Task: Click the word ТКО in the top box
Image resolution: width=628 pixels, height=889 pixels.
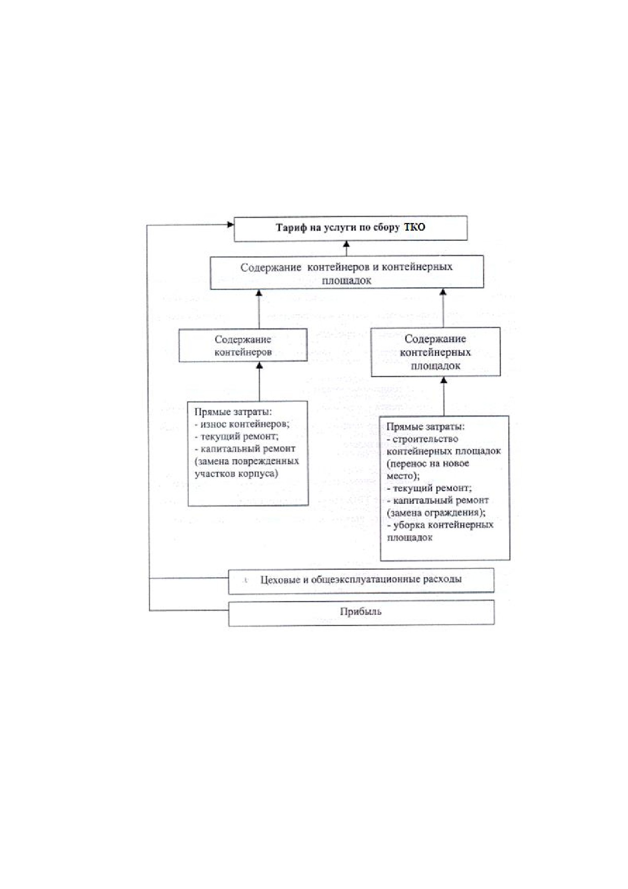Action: pyautogui.click(x=415, y=227)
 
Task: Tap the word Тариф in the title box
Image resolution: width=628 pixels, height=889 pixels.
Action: pyautogui.click(x=291, y=228)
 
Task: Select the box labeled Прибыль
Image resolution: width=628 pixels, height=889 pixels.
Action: pyautogui.click(x=361, y=613)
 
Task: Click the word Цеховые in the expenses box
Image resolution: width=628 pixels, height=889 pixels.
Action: pyautogui.click(x=280, y=579)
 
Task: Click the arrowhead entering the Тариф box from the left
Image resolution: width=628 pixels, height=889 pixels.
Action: pyautogui.click(x=230, y=224)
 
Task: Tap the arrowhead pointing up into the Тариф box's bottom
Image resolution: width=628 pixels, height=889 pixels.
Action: pyautogui.click(x=347, y=245)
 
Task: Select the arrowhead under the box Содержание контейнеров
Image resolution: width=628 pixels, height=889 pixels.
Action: pyautogui.click(x=260, y=366)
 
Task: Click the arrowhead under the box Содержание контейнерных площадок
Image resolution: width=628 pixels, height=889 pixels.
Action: pyautogui.click(x=444, y=380)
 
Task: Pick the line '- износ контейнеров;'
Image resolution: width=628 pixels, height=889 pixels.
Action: pyautogui.click(x=242, y=424)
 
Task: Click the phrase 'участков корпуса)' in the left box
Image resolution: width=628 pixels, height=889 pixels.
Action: pyautogui.click(x=236, y=474)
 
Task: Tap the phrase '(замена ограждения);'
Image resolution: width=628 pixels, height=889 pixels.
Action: pyautogui.click(x=436, y=512)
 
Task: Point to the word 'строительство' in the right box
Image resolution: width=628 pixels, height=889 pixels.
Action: pyautogui.click(x=425, y=439)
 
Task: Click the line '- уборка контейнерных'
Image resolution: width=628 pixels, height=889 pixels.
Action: pyautogui.click(x=440, y=525)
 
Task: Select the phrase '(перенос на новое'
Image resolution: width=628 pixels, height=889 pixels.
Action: pyautogui.click(x=428, y=463)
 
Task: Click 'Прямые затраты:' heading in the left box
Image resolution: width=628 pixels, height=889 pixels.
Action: pyautogui.click(x=233, y=412)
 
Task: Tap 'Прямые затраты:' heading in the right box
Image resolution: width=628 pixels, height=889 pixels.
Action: pyautogui.click(x=425, y=427)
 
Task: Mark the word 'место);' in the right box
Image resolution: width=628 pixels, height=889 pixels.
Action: pyautogui.click(x=403, y=476)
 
